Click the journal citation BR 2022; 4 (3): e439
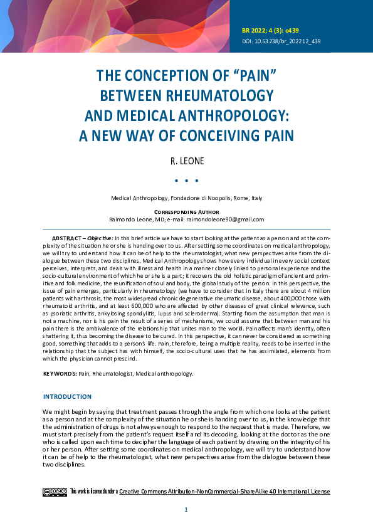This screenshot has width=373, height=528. pos(273,29)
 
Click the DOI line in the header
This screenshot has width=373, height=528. pos(281,41)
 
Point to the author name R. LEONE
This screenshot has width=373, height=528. pos(187,161)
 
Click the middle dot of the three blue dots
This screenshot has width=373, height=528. pos(187,181)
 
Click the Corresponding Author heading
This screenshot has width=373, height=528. pos(186,213)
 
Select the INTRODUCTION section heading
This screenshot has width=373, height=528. pos(67,396)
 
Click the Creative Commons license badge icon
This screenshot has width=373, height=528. pos(55,492)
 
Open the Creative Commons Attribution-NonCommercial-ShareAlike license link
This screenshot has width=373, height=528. pos(224,492)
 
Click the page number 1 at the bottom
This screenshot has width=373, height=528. pos(186,510)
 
